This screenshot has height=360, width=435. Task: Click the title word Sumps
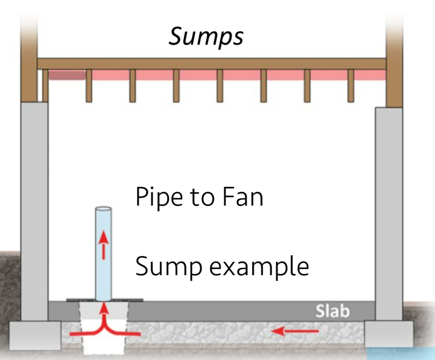[x=206, y=37]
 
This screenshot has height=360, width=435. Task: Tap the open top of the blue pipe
[x=103, y=209]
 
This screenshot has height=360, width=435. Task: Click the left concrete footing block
[x=35, y=335]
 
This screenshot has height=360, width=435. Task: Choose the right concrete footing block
[x=389, y=333]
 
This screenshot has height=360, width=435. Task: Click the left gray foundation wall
[x=34, y=210]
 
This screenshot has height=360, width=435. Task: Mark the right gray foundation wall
[x=388, y=212]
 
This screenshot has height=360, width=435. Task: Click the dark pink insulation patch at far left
[x=67, y=76]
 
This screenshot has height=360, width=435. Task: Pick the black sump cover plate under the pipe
[x=81, y=300]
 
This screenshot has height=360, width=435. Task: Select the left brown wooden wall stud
[x=29, y=55]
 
